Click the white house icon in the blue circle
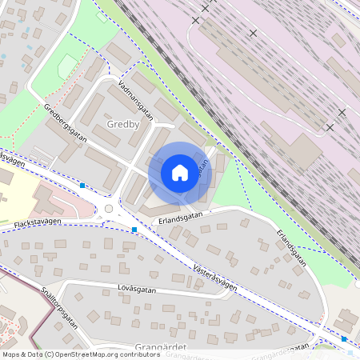[180, 173]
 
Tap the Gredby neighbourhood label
[123, 125]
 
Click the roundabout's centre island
[109, 209]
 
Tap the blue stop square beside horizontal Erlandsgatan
[134, 230]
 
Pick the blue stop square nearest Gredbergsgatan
[82, 186]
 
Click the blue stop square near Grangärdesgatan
[344, 339]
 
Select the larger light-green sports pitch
[68, 66]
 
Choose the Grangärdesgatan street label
[280, 349]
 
